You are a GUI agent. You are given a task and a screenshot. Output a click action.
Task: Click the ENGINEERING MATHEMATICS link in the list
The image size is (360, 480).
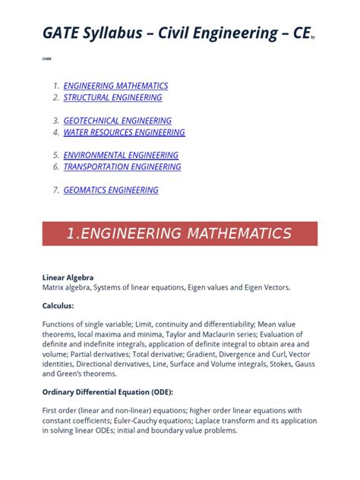[x=115, y=86]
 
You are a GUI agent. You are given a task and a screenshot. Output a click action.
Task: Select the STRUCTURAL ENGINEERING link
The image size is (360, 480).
[x=112, y=97]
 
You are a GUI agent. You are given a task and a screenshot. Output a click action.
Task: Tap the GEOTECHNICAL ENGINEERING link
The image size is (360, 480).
[x=117, y=121]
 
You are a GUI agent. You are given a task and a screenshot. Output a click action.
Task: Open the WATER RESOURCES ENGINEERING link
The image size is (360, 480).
[x=124, y=132]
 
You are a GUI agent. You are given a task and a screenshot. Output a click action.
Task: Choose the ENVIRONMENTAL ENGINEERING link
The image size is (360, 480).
[x=121, y=155]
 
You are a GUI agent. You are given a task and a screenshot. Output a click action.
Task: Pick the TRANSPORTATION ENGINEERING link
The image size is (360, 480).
[x=122, y=166]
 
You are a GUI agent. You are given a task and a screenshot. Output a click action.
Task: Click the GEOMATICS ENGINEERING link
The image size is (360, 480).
[x=111, y=190]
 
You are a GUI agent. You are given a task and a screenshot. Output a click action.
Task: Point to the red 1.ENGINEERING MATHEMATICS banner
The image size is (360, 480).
[x=179, y=233]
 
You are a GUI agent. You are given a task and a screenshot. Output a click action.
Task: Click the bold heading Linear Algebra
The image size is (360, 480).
[x=68, y=278]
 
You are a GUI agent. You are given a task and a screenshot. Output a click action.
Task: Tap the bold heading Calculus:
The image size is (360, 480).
[x=58, y=305]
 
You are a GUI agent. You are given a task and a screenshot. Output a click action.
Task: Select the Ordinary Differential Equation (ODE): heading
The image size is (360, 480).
[x=108, y=392]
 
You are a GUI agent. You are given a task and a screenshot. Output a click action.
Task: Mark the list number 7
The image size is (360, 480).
[x=55, y=190]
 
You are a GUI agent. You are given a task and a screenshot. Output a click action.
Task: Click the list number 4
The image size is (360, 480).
[x=55, y=132]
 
